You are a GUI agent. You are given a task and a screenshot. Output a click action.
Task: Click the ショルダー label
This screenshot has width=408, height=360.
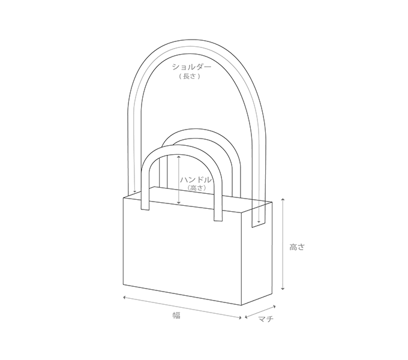[191, 67]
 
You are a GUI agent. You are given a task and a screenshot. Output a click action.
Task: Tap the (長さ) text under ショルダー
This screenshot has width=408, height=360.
[190, 76]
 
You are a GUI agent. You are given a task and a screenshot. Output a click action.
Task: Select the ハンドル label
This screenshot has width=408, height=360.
[196, 180]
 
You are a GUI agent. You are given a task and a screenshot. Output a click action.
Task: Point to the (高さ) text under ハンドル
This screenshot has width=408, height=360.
[196, 188]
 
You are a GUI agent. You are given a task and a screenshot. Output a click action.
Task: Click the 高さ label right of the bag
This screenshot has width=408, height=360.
[297, 247]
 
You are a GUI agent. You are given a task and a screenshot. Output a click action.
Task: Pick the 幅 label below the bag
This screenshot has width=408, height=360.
[176, 316]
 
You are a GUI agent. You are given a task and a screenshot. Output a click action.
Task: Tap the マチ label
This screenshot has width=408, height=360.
[266, 319]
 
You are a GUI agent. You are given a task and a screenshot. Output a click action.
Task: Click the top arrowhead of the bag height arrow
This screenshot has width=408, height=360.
[283, 200]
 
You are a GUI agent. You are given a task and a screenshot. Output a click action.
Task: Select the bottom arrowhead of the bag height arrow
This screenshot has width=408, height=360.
[283, 288]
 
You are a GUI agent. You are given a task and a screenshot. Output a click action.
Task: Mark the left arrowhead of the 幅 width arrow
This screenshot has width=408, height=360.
[125, 297]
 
